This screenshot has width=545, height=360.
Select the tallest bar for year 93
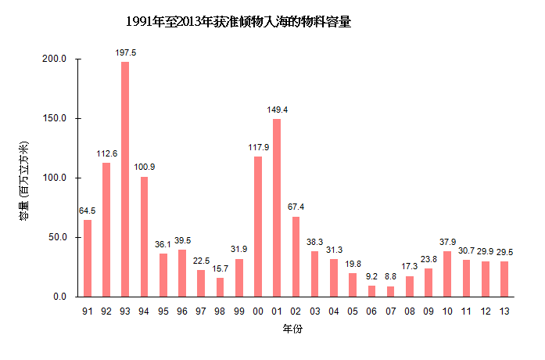[x=125, y=179]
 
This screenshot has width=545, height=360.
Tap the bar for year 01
[x=277, y=207]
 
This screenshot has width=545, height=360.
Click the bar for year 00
[x=258, y=226]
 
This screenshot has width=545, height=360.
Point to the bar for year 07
[x=390, y=291]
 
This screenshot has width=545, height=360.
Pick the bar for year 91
[x=88, y=258]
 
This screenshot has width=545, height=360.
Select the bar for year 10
[x=447, y=274]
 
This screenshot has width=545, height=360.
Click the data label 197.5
[x=125, y=52]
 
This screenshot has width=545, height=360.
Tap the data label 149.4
[x=277, y=110]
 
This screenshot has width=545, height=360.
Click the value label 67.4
[x=296, y=207]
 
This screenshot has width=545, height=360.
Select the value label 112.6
[x=106, y=153]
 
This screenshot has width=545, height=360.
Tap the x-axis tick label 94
[x=145, y=311]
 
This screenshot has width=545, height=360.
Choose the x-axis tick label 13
[x=504, y=311]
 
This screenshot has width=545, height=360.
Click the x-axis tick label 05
[x=353, y=311]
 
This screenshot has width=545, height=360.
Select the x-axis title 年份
[x=292, y=329]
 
